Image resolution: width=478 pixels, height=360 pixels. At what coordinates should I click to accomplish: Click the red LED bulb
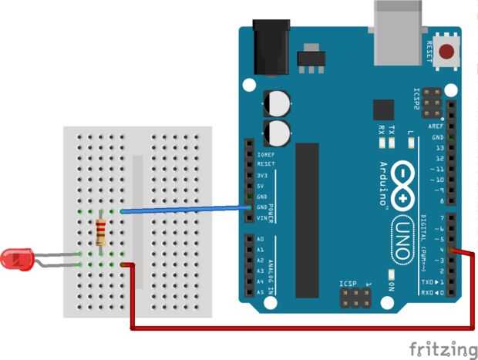tap(17, 259)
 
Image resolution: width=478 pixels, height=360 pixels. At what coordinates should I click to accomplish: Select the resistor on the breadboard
tap(101, 231)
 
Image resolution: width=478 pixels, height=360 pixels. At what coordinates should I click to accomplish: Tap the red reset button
tap(446, 52)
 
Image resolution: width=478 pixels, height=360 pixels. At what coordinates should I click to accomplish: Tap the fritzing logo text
tap(443, 348)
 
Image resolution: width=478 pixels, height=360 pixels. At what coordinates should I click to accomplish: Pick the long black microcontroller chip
tap(307, 220)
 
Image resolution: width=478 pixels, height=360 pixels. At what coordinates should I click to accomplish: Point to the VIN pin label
tap(262, 218)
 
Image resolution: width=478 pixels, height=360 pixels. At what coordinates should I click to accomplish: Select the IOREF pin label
tap(265, 154)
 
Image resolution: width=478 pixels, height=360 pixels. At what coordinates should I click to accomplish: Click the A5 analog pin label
tap(261, 293)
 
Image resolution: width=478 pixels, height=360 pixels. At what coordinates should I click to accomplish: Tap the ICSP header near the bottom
tap(355, 297)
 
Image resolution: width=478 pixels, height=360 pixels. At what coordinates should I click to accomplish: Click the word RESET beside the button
tap(429, 52)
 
